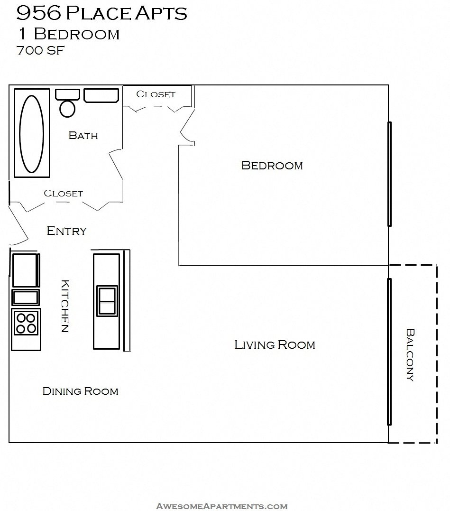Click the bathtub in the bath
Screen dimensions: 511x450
(x=31, y=134)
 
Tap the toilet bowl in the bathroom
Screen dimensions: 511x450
(x=67, y=108)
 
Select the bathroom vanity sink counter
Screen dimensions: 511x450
(x=101, y=95)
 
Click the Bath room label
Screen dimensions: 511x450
(x=83, y=136)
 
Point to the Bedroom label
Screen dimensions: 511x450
(x=272, y=166)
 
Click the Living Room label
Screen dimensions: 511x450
(x=275, y=345)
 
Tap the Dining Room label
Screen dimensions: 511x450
(x=80, y=391)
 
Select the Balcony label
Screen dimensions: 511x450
(x=410, y=355)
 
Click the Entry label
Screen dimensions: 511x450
(x=67, y=231)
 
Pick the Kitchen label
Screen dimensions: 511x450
(x=65, y=306)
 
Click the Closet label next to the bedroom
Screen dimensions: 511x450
(x=156, y=94)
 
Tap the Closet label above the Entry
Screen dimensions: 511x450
(x=63, y=194)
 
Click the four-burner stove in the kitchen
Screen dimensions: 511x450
(x=26, y=323)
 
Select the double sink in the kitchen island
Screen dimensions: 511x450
(x=107, y=301)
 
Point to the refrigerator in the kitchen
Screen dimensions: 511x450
(x=25, y=270)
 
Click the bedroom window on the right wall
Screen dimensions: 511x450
(x=389, y=174)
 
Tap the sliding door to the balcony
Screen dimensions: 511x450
(x=389, y=351)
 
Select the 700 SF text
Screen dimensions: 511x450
(x=40, y=51)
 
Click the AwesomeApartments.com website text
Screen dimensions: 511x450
(x=221, y=506)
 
